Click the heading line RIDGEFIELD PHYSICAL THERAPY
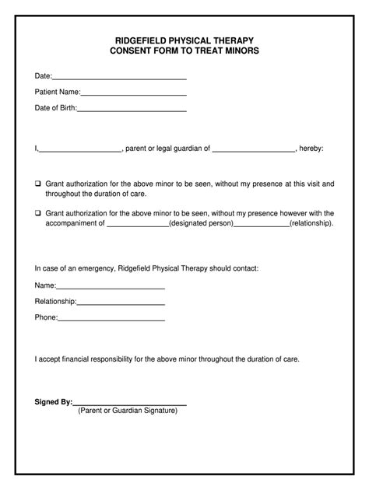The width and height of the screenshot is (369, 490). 184,39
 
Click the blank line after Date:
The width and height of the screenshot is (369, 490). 119,78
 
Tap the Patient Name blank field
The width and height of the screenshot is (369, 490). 133,94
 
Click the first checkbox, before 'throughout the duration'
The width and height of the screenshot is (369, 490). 37,184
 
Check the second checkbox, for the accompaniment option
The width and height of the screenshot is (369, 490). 37,212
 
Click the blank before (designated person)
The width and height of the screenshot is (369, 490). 137,224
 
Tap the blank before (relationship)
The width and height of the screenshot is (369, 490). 261,224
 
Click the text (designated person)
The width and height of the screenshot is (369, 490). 201,222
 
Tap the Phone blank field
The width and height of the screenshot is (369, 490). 111,320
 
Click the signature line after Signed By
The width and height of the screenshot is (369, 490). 130,404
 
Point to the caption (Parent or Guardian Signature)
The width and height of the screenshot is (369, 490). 128,411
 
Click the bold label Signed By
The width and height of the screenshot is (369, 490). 53,401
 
